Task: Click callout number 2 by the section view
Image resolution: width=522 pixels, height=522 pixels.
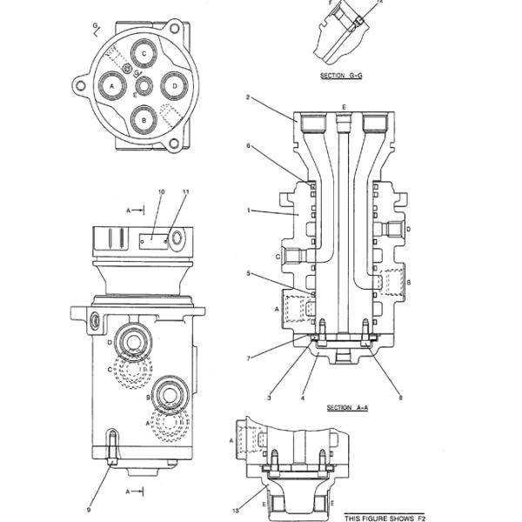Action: coord(248,98)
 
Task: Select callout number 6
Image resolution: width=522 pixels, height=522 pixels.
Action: coord(248,146)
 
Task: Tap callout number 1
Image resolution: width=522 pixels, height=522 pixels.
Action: coord(248,210)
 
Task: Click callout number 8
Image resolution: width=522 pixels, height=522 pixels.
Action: coord(400,398)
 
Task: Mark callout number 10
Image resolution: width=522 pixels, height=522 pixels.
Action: coord(160,191)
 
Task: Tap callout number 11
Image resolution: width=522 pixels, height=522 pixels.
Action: coord(185,191)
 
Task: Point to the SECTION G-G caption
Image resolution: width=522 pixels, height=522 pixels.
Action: coord(342,77)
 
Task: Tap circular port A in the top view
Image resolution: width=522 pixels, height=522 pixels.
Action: coord(112,85)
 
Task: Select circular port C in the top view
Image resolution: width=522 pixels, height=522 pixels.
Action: coord(144,55)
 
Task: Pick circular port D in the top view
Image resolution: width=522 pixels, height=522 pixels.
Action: coord(175,85)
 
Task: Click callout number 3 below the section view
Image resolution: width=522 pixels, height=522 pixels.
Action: coord(269,398)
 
